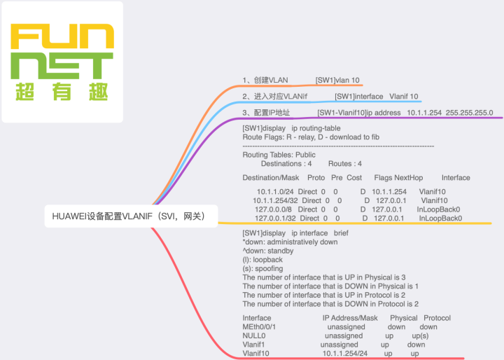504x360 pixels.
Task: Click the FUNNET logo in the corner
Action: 62,62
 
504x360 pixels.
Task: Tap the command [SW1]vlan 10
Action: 338,81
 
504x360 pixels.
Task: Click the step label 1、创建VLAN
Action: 265,81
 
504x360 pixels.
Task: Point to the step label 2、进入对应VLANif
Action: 275,96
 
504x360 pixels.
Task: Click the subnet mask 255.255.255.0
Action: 469,112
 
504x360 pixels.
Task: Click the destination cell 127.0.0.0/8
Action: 276,209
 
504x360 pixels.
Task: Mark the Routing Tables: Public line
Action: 279,154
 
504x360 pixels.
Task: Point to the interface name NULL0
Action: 253,336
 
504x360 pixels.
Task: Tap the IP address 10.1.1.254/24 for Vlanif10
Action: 345,354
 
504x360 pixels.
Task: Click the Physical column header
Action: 403,318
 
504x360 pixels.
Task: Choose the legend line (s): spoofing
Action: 262,268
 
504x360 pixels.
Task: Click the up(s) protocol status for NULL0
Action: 420,336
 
